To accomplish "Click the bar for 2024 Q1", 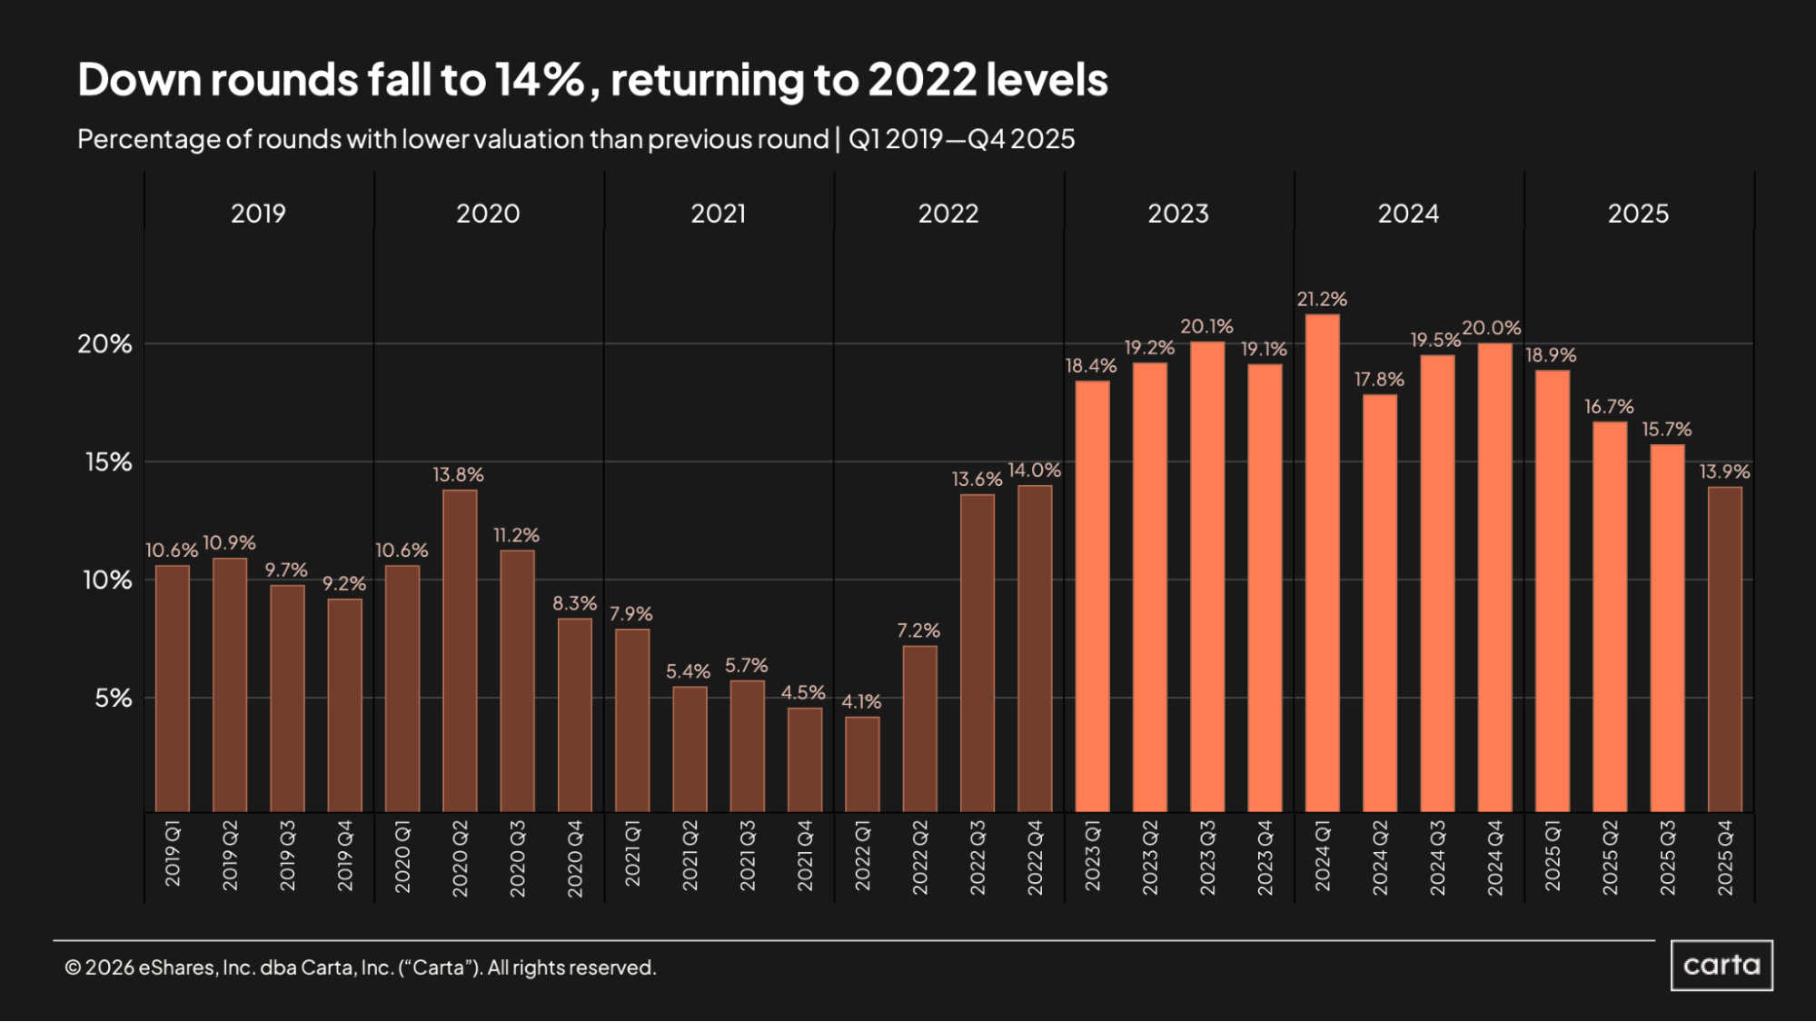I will pos(1322,563).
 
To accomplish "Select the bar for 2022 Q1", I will pos(862,764).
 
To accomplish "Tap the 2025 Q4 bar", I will pos(1724,650).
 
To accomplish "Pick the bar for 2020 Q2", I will pos(460,650).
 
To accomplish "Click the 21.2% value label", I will pos(1322,299).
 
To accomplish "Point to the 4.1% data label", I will pos(861,701).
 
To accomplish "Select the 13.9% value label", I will pos(1724,471).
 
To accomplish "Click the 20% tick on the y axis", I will pos(104,344).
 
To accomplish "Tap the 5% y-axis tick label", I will pos(113,699).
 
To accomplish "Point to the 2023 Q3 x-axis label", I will pos(1207,858).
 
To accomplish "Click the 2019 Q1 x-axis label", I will pos(173,854).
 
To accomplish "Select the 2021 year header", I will pos(719,213).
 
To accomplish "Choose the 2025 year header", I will pos(1638,213).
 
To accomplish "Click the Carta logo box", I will pos(1721,965).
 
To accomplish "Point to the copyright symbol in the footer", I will pos(73,968).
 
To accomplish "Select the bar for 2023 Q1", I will pos(1092,596).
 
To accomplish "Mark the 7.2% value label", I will pos(918,630).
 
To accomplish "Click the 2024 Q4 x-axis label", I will pos(1494,858).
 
